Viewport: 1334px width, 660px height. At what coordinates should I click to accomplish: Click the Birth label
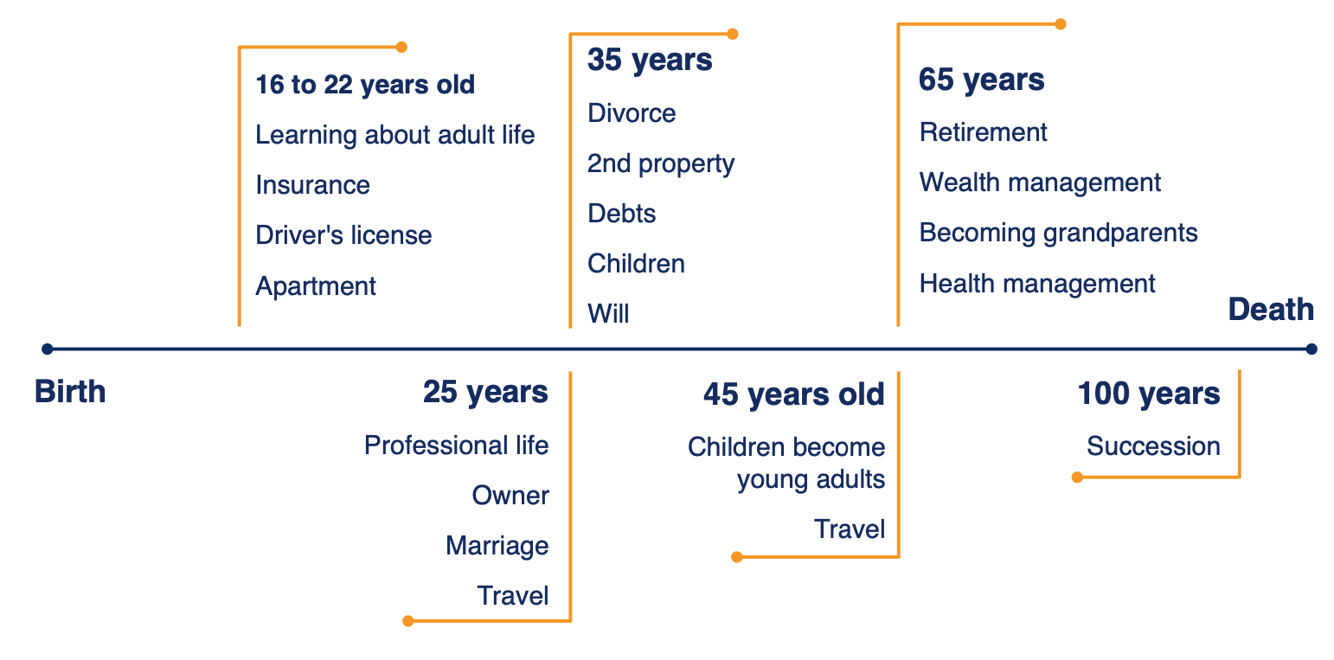(70, 391)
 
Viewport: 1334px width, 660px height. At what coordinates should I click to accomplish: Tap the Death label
(1271, 309)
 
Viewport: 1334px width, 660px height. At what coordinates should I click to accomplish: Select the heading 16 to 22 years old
(365, 85)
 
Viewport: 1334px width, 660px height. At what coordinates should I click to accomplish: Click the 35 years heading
(650, 61)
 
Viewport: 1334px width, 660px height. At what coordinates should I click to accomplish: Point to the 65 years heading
(981, 80)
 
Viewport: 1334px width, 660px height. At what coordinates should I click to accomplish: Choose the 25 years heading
(485, 393)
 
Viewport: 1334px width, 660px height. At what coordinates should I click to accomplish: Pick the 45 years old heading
(794, 395)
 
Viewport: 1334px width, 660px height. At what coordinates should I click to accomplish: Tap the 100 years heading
(1149, 394)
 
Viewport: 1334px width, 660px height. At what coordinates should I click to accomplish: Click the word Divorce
(632, 113)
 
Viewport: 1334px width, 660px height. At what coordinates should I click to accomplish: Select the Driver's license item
(343, 235)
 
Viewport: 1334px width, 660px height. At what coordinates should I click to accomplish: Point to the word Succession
(1153, 446)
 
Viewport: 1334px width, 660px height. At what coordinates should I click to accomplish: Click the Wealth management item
(1040, 183)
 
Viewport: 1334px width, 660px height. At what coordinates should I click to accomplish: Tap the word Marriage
(497, 546)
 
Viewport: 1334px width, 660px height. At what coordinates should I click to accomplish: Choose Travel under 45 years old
(850, 529)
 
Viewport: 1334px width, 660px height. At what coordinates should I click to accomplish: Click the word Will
(608, 314)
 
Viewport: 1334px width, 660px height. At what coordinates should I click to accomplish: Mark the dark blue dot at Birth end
(48, 349)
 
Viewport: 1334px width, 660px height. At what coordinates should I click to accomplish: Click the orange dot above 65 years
(1060, 24)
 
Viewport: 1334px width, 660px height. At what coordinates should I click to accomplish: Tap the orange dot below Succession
(1077, 477)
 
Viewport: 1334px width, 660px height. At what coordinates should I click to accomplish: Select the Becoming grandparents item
(1058, 233)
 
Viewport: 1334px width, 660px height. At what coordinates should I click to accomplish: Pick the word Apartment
(316, 286)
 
